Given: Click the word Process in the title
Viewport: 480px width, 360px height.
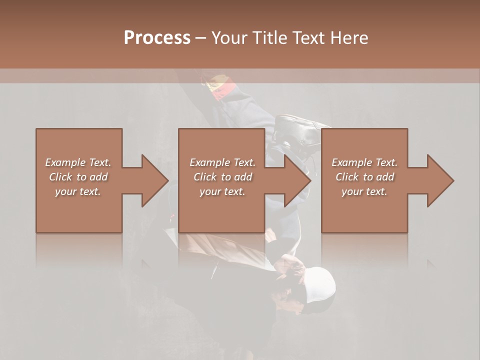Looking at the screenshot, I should click(157, 38).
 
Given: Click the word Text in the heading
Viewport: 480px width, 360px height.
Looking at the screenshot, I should click(309, 38).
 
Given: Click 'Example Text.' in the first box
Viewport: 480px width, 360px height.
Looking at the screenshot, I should click(78, 162).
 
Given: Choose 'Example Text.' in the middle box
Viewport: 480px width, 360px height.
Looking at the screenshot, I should click(222, 162).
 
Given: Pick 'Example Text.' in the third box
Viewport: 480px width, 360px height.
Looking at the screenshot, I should click(364, 162).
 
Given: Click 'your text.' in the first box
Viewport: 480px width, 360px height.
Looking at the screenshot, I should click(78, 191).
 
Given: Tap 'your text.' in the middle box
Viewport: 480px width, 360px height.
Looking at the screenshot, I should click(222, 191).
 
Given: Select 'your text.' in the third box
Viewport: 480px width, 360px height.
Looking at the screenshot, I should click(364, 191).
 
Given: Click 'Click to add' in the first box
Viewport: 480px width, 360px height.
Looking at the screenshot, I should click(78, 177).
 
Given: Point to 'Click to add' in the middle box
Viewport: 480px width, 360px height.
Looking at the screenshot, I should click(222, 177).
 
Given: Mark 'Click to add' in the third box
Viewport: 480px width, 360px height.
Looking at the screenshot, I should click(364, 177).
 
